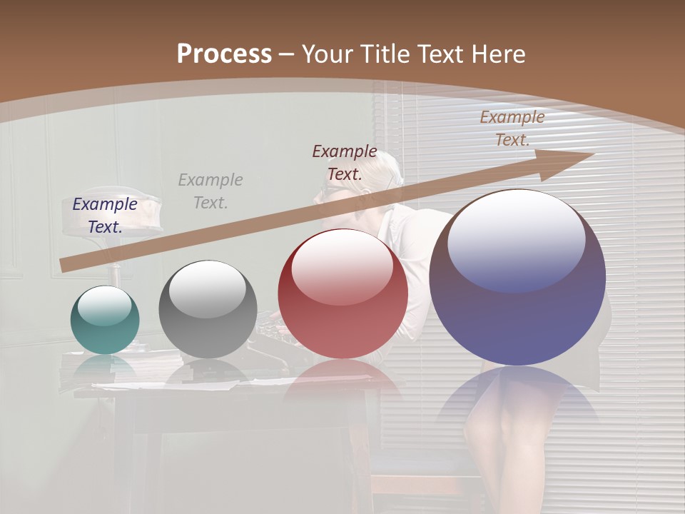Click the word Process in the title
[x=224, y=54]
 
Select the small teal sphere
[x=105, y=320]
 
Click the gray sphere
[x=208, y=309]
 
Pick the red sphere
[x=342, y=294]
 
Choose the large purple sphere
[x=517, y=277]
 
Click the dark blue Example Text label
[x=105, y=216]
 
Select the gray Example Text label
[x=210, y=191]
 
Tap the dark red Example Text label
[x=345, y=162]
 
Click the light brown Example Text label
[x=512, y=128]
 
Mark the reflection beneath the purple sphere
[x=517, y=400]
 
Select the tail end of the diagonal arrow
[x=66, y=266]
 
